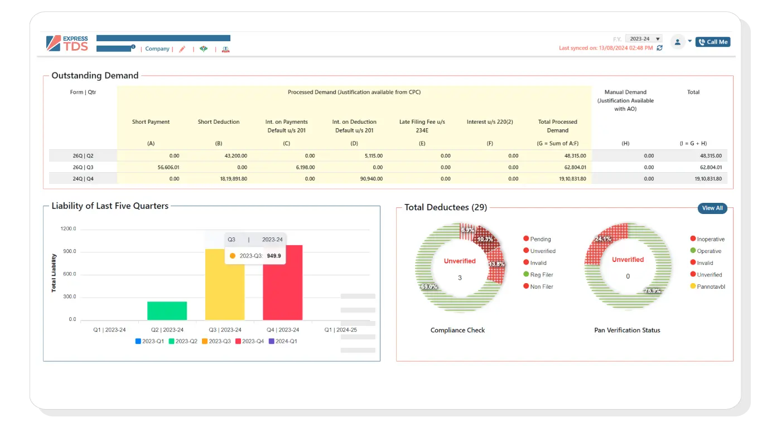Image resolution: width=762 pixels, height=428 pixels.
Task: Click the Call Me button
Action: [712, 42]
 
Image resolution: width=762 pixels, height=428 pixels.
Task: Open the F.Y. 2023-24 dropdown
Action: [643, 39]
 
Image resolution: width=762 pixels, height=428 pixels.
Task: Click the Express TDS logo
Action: [67, 43]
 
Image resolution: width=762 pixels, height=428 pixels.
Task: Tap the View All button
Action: [712, 208]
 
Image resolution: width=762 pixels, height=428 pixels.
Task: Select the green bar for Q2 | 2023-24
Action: [167, 310]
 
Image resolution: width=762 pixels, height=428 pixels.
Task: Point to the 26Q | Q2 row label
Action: [83, 156]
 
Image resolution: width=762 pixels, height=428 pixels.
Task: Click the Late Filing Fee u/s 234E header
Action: [422, 126]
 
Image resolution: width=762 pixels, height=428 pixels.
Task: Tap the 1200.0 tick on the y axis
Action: [69, 229]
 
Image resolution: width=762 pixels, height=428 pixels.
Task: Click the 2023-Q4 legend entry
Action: [249, 341]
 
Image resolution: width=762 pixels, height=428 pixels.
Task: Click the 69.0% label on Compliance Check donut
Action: [429, 286]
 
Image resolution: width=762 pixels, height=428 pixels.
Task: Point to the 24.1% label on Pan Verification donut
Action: [603, 239]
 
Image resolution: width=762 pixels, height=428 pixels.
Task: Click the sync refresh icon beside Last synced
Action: [659, 48]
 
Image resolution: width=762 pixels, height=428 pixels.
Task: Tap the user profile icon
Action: [677, 42]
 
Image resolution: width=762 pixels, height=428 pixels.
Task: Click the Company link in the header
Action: [157, 49]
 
